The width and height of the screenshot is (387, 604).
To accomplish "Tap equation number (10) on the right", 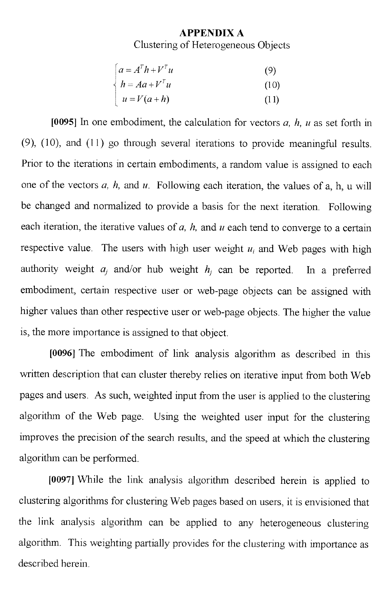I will tap(272, 85).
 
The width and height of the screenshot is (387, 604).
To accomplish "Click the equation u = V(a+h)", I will tap(146, 99).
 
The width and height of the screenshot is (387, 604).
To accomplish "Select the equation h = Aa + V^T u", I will tap(146, 84).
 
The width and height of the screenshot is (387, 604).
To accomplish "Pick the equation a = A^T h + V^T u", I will tap(146, 70).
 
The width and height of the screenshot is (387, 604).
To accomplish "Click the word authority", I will tap(39, 269).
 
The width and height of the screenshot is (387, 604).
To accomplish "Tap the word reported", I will tap(274, 270).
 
